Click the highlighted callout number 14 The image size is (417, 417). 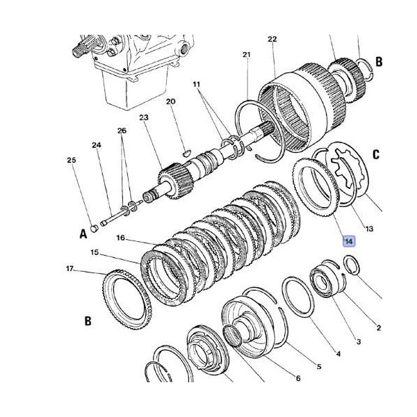(350, 241)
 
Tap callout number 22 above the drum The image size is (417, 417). (272, 40)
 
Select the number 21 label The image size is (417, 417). (247, 55)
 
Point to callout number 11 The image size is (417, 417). (197, 84)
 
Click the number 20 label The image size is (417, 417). (171, 101)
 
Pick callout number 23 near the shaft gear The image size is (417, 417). (144, 118)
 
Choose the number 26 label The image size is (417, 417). (122, 131)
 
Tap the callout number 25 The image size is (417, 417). (71, 161)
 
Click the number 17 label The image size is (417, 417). (69, 269)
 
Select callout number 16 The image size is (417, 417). (120, 238)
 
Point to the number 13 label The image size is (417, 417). (369, 229)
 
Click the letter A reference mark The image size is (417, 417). (83, 233)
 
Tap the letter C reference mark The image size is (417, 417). (376, 155)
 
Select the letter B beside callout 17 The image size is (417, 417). (88, 321)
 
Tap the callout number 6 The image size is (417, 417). (297, 378)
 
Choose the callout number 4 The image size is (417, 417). (338, 354)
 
